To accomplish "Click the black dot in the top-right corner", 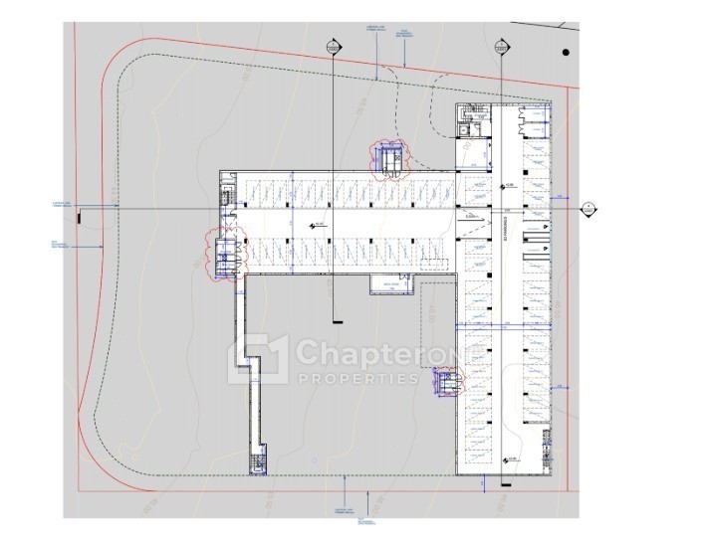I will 565,52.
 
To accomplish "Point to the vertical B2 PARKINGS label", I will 506,229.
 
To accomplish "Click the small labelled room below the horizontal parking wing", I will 389,286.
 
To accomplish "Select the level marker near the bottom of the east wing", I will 507,458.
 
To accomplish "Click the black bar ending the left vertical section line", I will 335,320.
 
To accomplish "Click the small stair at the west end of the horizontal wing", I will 227,200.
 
